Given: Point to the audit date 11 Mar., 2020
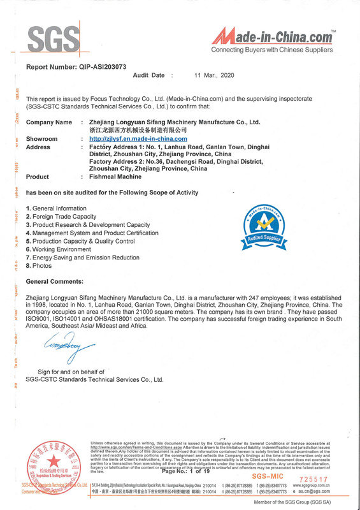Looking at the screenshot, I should [214, 76].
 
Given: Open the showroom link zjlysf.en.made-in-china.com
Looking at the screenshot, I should [138, 138].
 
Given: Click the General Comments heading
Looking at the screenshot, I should [54, 281].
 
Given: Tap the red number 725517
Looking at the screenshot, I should [313, 479].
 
